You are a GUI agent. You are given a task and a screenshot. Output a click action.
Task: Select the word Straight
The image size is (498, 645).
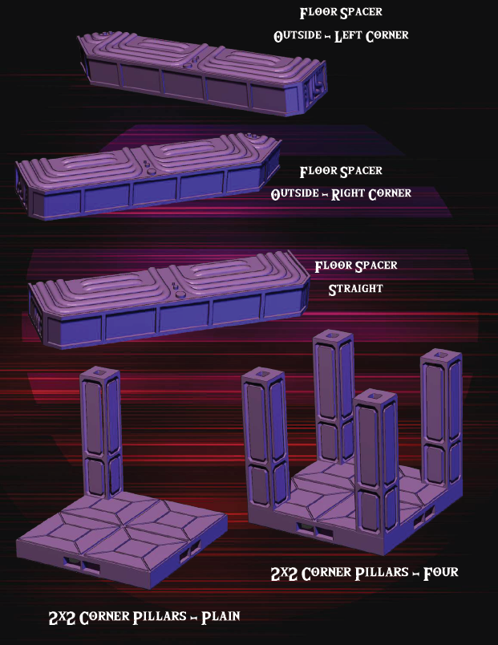pos(355,289)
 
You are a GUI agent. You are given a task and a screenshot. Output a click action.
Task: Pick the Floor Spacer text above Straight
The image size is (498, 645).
pos(355,266)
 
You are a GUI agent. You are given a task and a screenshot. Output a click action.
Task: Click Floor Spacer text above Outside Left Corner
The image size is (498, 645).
pos(340,13)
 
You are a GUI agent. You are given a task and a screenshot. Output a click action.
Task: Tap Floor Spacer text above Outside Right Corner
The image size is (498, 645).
pos(340,171)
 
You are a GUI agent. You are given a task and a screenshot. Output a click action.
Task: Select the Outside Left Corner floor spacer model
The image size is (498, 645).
pos(200,72)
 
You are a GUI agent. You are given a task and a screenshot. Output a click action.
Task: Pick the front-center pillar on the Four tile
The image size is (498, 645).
pos(377,457)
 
